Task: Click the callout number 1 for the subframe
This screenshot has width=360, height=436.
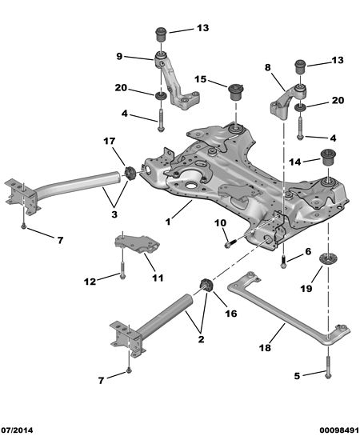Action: pyautogui.click(x=168, y=222)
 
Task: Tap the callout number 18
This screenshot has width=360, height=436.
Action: pyautogui.click(x=265, y=347)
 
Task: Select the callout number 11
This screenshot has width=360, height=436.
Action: pyautogui.click(x=158, y=278)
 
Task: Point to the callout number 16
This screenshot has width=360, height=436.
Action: pyautogui.click(x=231, y=314)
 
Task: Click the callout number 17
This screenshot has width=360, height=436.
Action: pyautogui.click(x=110, y=142)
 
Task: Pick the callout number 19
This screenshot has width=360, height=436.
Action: pyautogui.click(x=306, y=289)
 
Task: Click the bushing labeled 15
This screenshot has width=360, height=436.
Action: pyautogui.click(x=236, y=91)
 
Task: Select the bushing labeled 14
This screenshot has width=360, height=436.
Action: pyautogui.click(x=328, y=158)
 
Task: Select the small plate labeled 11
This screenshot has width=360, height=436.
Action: pyautogui.click(x=137, y=244)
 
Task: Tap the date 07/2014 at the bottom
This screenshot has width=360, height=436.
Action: pyautogui.click(x=17, y=430)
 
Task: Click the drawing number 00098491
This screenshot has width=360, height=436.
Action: pyautogui.click(x=339, y=430)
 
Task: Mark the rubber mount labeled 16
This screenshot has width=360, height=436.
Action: pyautogui.click(x=206, y=285)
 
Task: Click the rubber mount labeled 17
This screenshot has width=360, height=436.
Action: pyautogui.click(x=129, y=173)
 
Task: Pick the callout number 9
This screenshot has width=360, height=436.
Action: pyautogui.click(x=119, y=57)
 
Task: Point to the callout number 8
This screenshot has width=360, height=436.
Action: pyautogui.click(x=267, y=67)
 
